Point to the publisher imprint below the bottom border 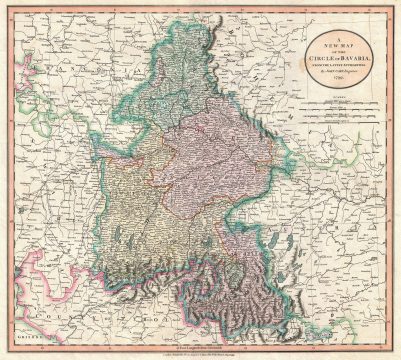click(x=200, y=353)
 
